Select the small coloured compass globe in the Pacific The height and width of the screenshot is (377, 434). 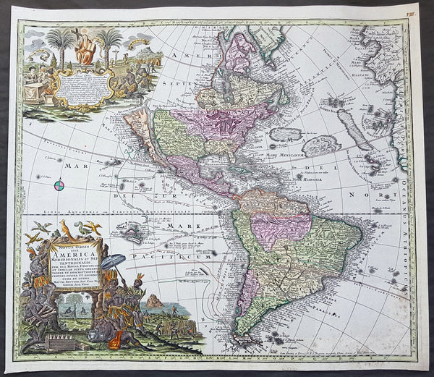[59, 186]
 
